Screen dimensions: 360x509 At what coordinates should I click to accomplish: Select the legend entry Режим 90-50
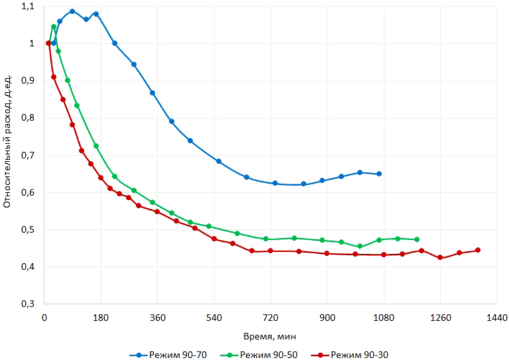pyautogui.click(x=268, y=355)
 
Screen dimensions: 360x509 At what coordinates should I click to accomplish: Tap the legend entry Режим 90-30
pyautogui.click(x=359, y=355)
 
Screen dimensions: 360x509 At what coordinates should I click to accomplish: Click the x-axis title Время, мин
pyautogui.click(x=270, y=335)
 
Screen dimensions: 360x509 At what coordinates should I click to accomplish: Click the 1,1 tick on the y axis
pyautogui.click(x=27, y=7)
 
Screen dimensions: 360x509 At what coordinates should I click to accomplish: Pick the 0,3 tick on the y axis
pyautogui.click(x=27, y=304)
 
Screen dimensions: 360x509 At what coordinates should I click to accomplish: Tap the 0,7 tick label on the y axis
pyautogui.click(x=27, y=155)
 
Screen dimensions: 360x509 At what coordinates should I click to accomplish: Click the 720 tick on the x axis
pyautogui.click(x=270, y=318)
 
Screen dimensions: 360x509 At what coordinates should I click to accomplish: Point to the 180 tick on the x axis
pyautogui.click(x=101, y=318)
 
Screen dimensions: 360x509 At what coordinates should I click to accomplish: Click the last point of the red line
pyautogui.click(x=478, y=250)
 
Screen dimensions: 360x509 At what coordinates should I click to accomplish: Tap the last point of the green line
pyautogui.click(x=417, y=239)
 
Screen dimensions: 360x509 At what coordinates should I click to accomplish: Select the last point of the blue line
pyautogui.click(x=379, y=174)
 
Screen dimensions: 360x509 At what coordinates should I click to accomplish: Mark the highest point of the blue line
pyautogui.click(x=72, y=11)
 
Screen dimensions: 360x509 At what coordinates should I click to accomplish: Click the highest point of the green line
pyautogui.click(x=54, y=27)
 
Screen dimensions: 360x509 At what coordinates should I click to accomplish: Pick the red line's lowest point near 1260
pyautogui.click(x=440, y=257)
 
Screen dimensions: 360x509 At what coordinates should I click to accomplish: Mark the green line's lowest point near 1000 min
pyautogui.click(x=360, y=246)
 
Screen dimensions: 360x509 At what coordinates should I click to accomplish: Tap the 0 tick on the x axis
pyautogui.click(x=44, y=318)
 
